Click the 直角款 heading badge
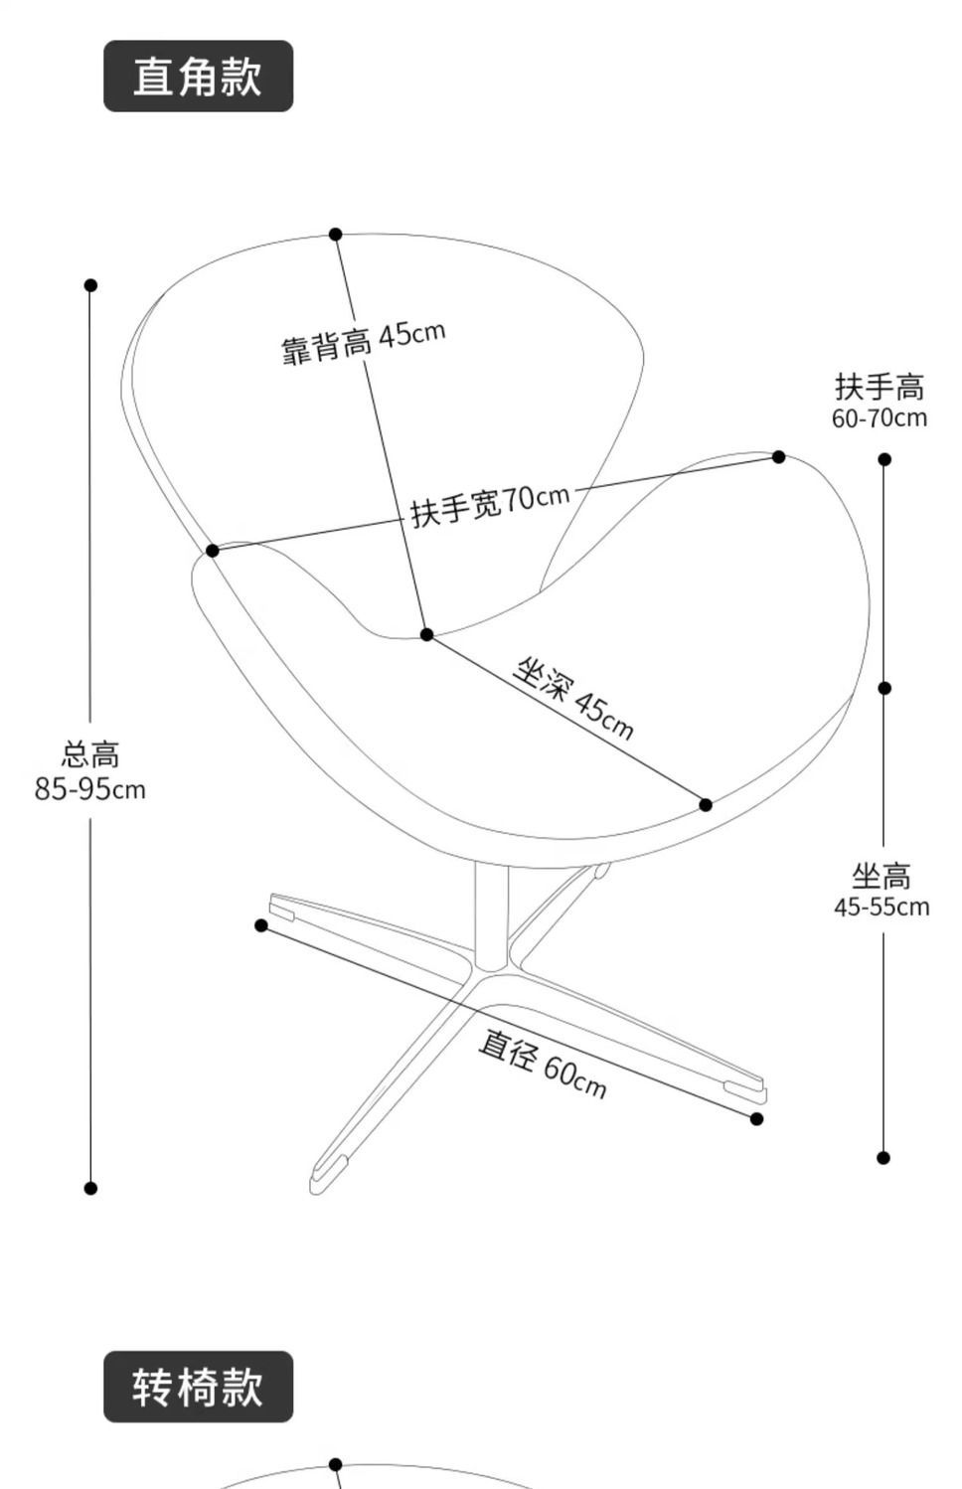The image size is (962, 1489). coord(198,77)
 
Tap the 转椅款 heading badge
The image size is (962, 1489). coord(198,1386)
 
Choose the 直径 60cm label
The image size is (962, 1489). coord(542,1063)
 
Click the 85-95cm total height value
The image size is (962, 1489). coord(90,789)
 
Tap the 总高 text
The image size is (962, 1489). coord(90,754)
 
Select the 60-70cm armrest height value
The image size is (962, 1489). coord(880,417)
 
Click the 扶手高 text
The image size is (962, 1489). coord(880,386)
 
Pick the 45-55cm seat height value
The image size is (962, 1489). coord(882,907)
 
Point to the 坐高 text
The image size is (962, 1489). coord(882,876)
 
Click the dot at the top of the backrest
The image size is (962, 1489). coord(336,235)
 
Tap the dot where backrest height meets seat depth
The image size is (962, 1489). coord(426,634)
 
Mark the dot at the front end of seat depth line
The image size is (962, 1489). coord(706,804)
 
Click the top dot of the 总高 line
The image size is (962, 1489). coord(90,285)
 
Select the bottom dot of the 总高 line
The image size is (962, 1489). coord(90,1188)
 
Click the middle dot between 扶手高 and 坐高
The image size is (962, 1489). coord(884,688)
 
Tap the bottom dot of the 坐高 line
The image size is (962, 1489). coord(883,1157)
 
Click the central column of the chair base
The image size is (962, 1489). coord(491,914)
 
